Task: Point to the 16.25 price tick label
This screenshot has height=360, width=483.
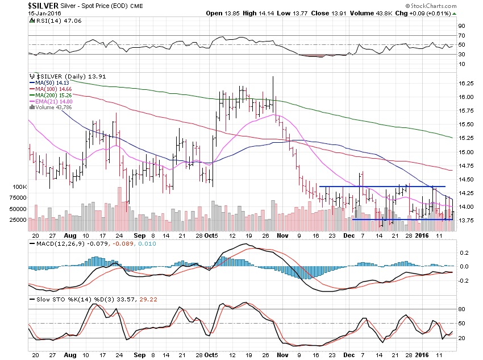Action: click(x=466, y=84)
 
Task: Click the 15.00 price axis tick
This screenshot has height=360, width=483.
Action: click(x=466, y=152)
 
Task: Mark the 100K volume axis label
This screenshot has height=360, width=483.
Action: click(x=19, y=187)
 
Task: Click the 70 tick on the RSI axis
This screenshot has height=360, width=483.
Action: click(x=461, y=35)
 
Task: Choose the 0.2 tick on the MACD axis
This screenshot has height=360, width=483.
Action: click(x=464, y=253)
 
